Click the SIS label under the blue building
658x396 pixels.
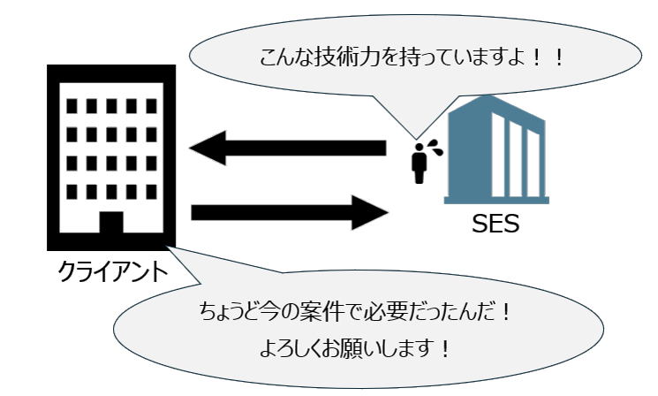494,224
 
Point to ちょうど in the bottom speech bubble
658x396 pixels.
229,313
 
